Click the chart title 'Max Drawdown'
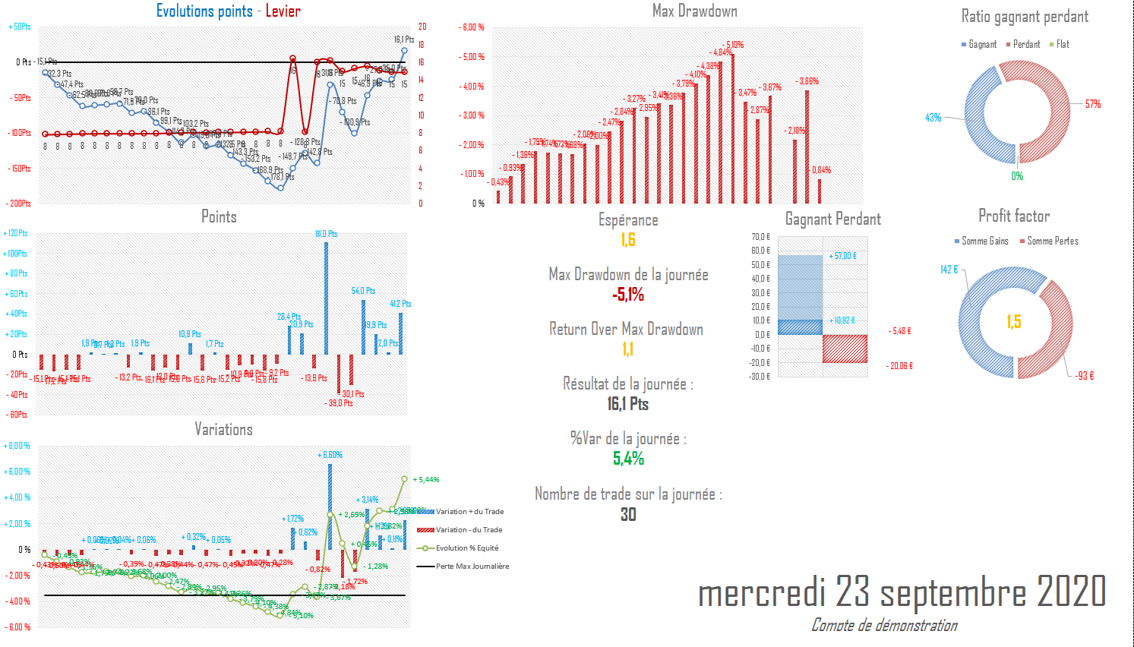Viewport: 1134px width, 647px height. [694, 11]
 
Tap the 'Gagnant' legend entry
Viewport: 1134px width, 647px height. [981, 44]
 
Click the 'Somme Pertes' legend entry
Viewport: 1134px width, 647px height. [1052, 241]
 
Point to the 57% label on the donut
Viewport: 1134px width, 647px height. [1093, 104]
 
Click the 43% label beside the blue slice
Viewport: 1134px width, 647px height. [933, 118]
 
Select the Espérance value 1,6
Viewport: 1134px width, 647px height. [628, 240]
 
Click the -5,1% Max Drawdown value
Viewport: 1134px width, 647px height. [628, 295]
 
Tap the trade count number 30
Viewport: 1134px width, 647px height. [628, 514]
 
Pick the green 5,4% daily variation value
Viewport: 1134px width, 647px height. [628, 459]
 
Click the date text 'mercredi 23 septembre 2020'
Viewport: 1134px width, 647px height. [902, 592]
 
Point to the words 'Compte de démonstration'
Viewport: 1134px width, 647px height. [884, 625]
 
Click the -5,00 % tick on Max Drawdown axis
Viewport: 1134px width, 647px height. [472, 57]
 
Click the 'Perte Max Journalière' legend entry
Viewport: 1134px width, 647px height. [472, 567]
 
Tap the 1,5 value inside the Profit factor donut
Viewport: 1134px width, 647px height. [1014, 322]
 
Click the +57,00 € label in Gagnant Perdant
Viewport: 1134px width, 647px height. [842, 256]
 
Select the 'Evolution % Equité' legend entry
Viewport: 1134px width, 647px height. [466, 548]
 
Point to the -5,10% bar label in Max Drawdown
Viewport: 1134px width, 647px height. [734, 45]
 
